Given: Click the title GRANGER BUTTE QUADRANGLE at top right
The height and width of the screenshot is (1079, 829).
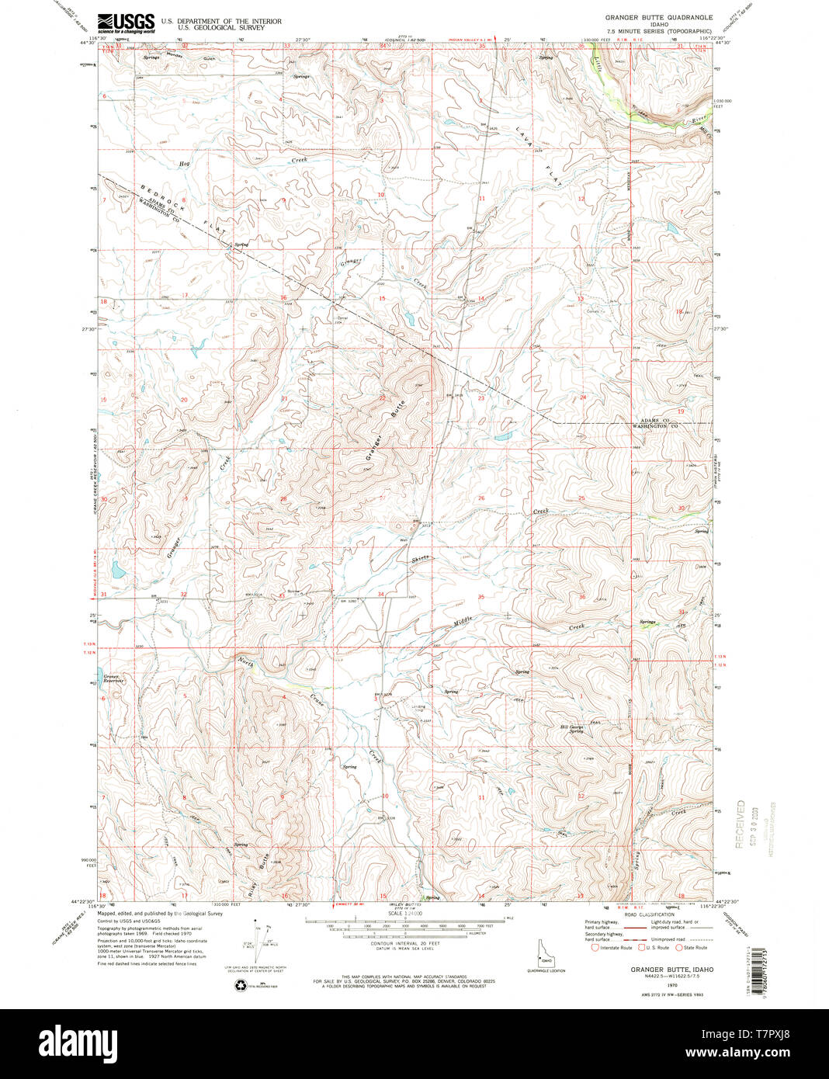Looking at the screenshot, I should (658, 16).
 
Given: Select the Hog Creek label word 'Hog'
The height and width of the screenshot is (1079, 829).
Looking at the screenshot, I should (184, 164).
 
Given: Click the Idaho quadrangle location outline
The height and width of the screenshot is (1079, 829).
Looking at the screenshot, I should (537, 952).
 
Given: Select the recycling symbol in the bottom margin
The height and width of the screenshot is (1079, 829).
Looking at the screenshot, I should (240, 984).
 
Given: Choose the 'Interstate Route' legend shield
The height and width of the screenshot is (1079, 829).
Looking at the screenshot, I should (595, 947).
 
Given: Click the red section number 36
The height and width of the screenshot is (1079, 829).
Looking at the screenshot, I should (581, 596).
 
